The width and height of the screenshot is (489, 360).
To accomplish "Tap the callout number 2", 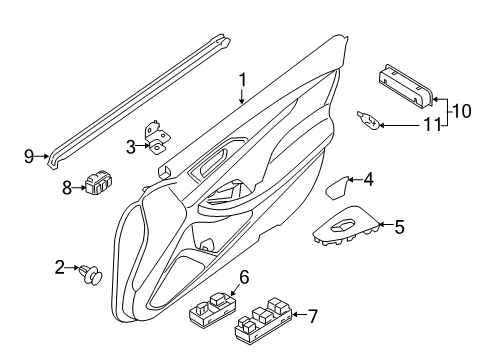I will click(59, 266).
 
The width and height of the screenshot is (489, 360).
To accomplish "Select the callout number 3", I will click(130, 146).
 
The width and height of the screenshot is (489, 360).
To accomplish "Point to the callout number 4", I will click(368, 180).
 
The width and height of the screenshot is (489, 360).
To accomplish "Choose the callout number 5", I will click(399, 226).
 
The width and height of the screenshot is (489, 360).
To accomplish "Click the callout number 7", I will click(313, 317).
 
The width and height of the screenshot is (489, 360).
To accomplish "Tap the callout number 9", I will click(29, 154).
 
